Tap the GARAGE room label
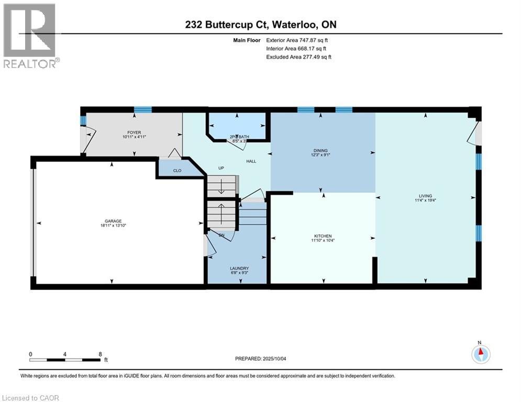click(113, 221)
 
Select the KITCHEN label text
click(323, 236)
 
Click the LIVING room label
click(425, 196)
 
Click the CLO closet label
click(178, 170)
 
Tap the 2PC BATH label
click(239, 137)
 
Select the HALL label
click(251, 161)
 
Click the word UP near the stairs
click(221, 169)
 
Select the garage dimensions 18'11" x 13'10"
click(113, 226)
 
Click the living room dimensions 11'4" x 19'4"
click(425, 200)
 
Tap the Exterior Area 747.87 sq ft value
click(313, 40)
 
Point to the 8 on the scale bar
click(99, 354)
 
